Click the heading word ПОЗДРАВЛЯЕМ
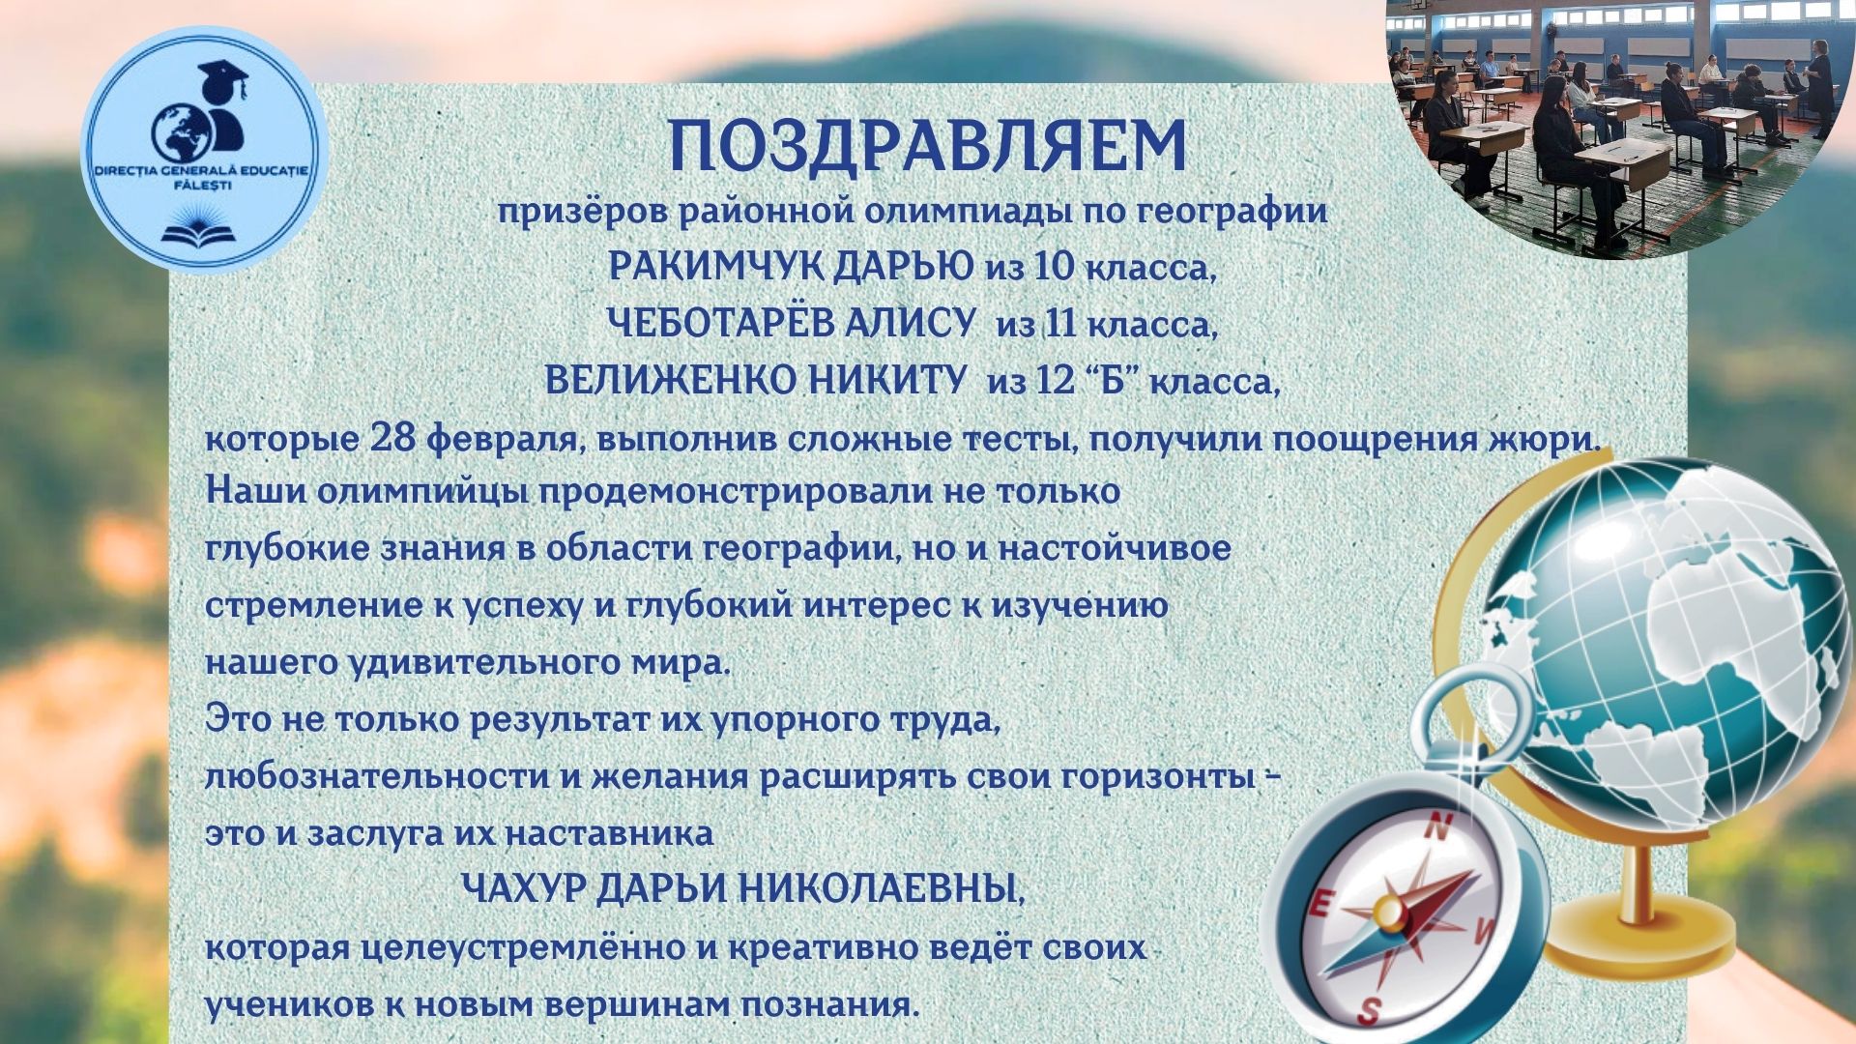pyautogui.click(x=927, y=147)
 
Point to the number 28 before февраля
pyautogui.click(x=391, y=439)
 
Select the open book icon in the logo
pyautogui.click(x=203, y=235)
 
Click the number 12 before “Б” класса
pyautogui.click(x=1055, y=382)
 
